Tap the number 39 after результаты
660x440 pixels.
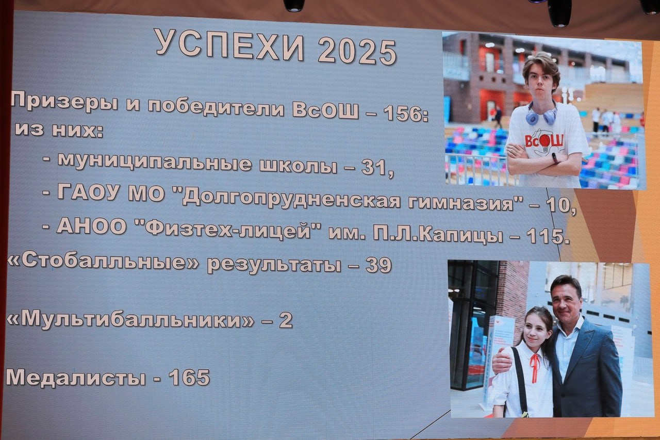tap(378, 265)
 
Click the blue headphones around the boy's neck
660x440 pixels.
tap(541, 115)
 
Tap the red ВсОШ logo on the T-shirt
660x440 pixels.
tap(543, 141)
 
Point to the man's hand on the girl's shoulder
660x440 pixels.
tap(502, 362)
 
